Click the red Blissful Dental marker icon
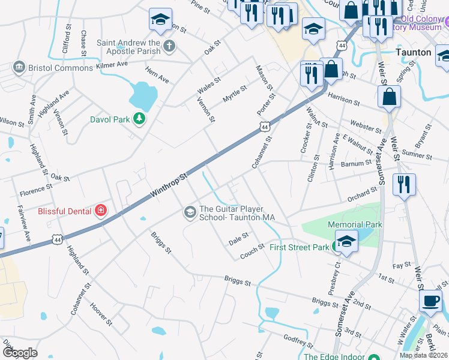pos(101,211)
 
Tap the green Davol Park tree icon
pos(139,119)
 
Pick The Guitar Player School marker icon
pos(190,212)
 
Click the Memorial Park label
pos(355,224)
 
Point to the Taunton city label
pos(414,52)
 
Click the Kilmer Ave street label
pos(112,64)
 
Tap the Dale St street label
pos(238,239)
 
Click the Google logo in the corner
pos(20,352)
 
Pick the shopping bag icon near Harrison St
pos(389,97)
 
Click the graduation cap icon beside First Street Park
pos(346,242)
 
